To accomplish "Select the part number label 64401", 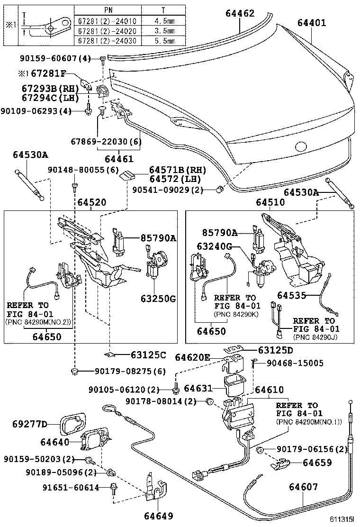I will [312, 22].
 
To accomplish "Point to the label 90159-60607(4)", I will [55, 58].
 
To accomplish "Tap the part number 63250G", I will [158, 299].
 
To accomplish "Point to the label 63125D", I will [275, 350].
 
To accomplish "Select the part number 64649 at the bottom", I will [156, 516].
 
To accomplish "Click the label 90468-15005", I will [295, 363].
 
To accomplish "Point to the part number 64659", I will [317, 463].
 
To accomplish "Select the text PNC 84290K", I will [235, 314].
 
